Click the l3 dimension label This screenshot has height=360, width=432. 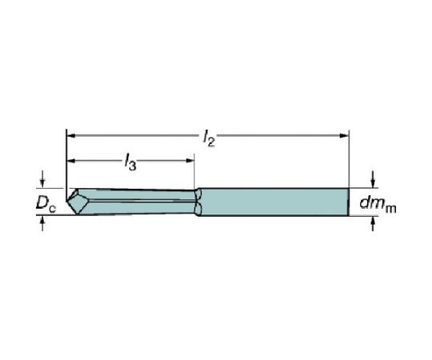pos(130,162)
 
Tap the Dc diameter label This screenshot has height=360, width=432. pos(46,204)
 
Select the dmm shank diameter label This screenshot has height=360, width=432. pos(378,204)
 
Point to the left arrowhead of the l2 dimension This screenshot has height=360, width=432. pos(71,135)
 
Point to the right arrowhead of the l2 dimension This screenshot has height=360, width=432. pos(344,135)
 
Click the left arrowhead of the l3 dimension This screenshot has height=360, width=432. pos(71,161)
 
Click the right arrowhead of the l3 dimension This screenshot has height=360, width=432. pos(190,161)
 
